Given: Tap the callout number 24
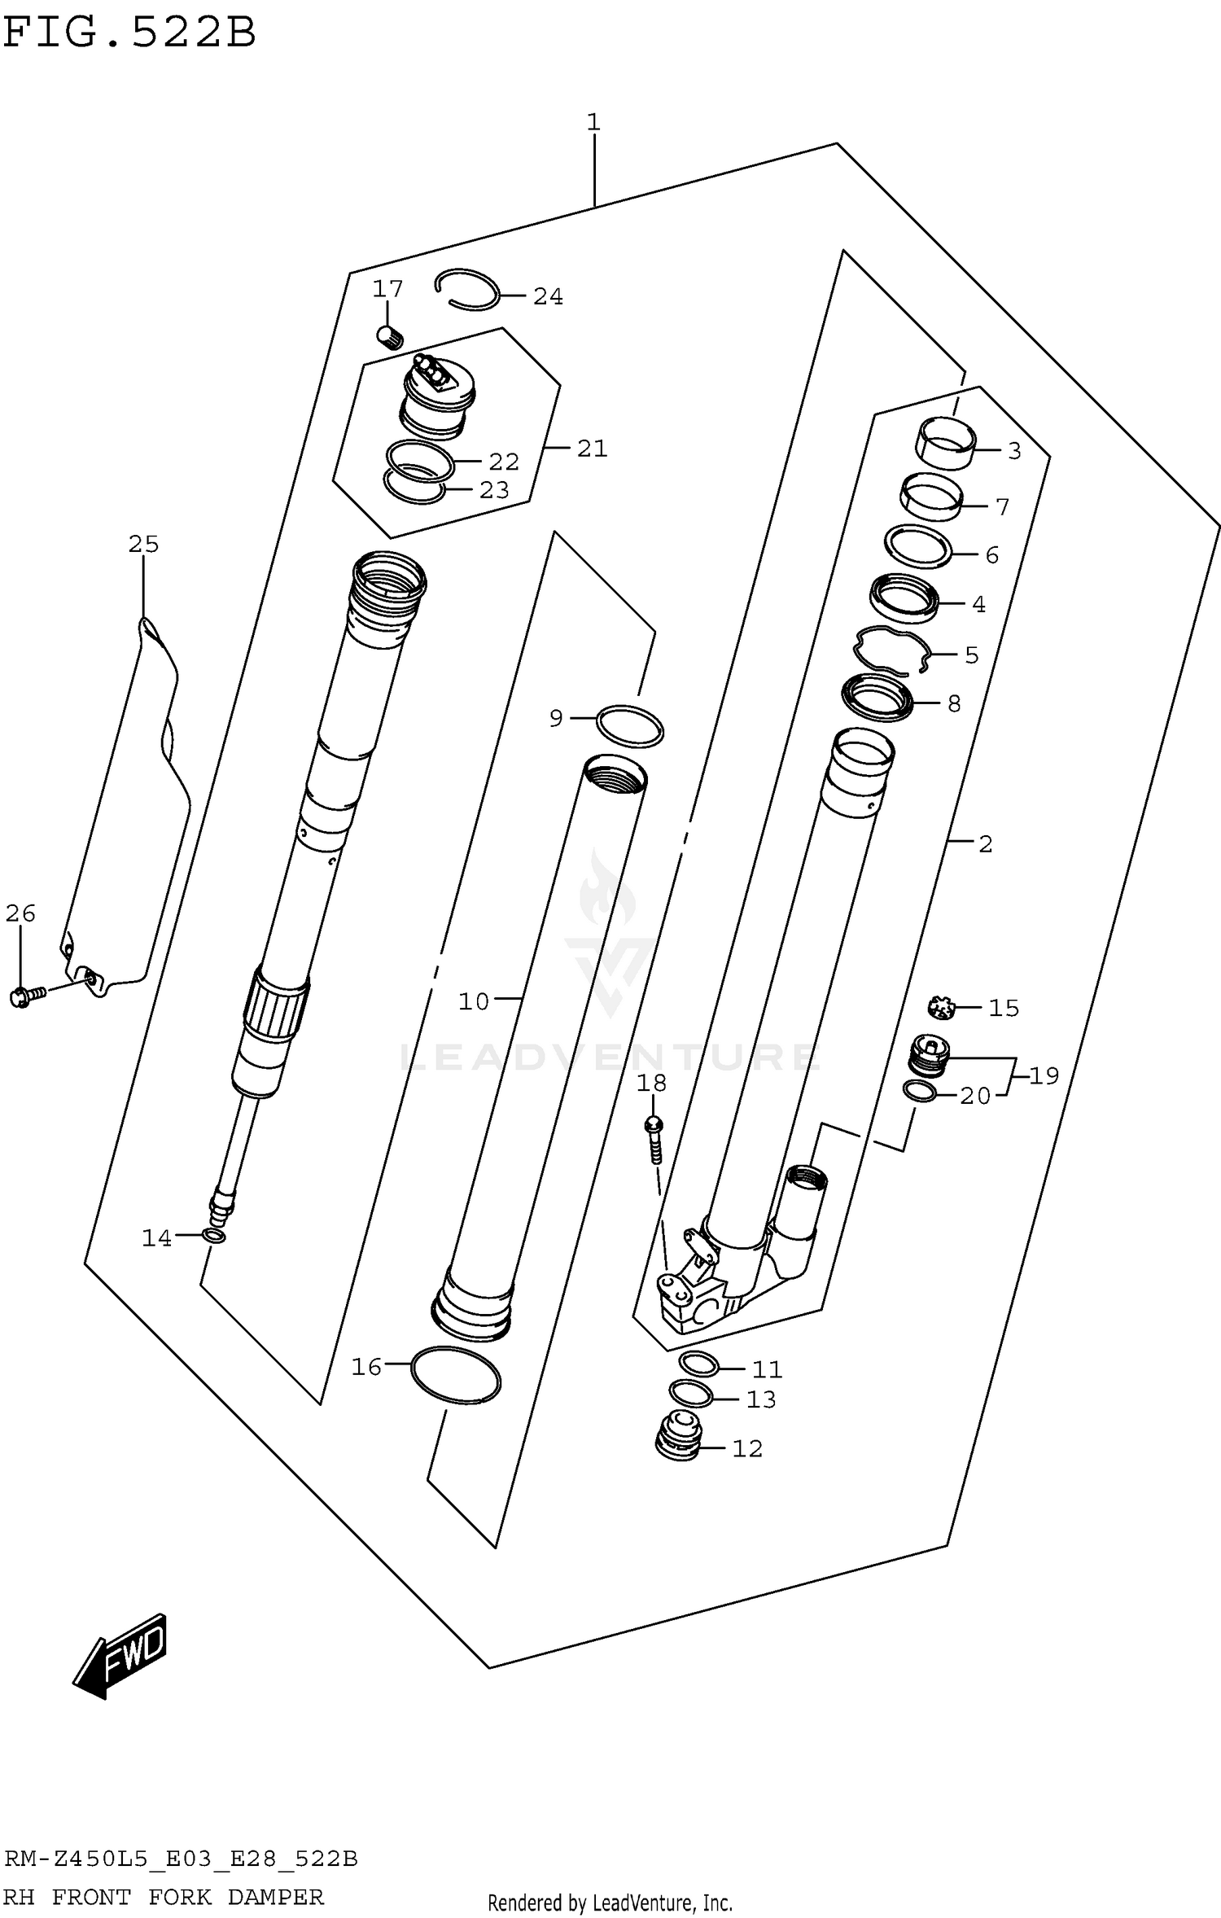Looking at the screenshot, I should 548,297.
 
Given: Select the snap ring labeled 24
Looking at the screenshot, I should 467,290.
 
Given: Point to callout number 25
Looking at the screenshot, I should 143,544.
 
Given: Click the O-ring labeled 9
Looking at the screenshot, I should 630,726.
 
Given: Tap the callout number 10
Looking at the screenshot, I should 474,1001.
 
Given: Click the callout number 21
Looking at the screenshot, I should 592,449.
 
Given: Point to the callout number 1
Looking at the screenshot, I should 593,123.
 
